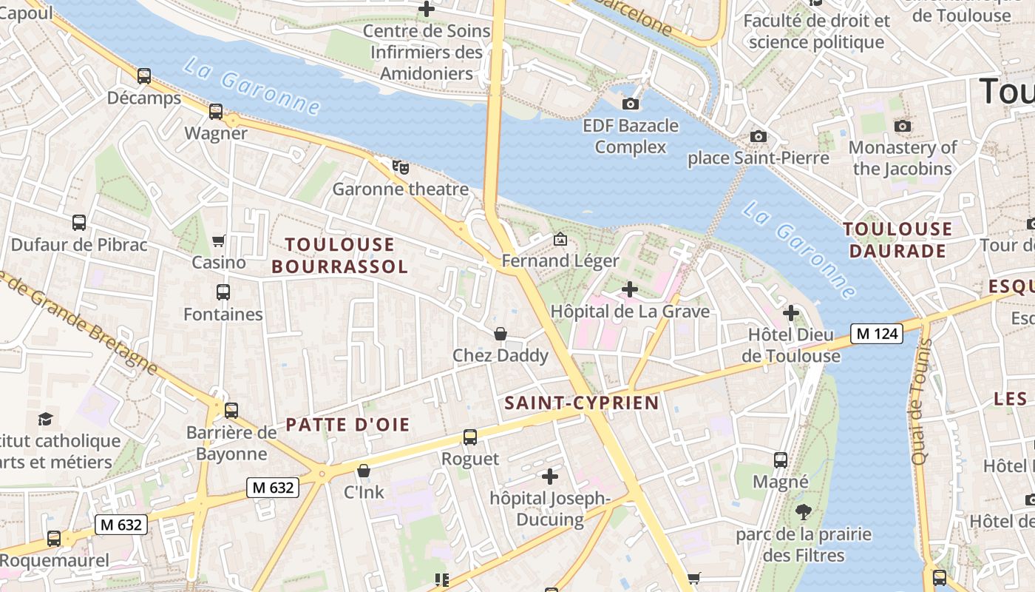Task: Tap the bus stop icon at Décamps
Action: tap(144, 76)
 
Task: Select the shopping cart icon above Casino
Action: tap(219, 240)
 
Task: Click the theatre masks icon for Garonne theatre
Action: tap(400, 166)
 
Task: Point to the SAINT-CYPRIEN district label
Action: tap(581, 403)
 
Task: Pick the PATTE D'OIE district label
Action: tap(347, 425)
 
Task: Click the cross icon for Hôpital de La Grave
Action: tap(630, 289)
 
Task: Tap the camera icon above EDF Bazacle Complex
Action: tap(631, 104)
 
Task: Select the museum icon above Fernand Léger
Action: tap(560, 239)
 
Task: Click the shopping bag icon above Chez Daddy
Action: tap(500, 334)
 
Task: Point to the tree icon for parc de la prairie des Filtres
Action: tap(804, 512)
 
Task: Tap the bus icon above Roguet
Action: tap(470, 437)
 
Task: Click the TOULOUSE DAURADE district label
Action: tap(897, 240)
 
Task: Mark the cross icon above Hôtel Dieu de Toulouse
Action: tap(791, 313)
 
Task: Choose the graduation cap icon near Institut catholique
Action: tap(46, 419)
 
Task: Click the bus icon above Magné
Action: tap(781, 460)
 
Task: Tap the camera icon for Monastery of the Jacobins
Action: tap(903, 127)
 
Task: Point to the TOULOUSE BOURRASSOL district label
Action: tap(340, 255)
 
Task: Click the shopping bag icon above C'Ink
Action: tap(364, 471)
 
